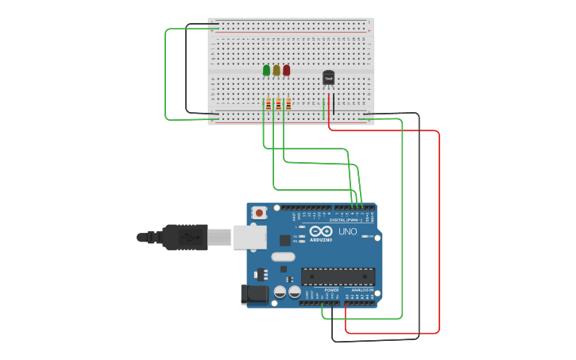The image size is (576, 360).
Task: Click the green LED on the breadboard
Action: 266,70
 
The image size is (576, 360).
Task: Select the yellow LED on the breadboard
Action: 276,70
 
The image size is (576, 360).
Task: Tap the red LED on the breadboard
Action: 287,70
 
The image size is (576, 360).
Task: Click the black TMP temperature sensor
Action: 328,78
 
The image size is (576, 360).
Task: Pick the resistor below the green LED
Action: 269,104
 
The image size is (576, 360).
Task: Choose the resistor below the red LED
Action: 288,104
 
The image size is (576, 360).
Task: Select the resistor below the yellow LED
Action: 278,104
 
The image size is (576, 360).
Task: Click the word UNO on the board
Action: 348,231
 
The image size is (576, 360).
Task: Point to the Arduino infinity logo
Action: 321,232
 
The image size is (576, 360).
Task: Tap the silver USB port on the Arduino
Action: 250,237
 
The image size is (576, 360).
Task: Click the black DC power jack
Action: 254,294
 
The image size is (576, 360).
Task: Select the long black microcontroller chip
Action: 338,277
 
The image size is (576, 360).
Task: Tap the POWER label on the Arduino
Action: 331,291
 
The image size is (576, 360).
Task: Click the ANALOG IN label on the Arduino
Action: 361,291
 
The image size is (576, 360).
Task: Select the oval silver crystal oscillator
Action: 283,257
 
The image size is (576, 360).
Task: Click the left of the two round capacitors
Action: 280,292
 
